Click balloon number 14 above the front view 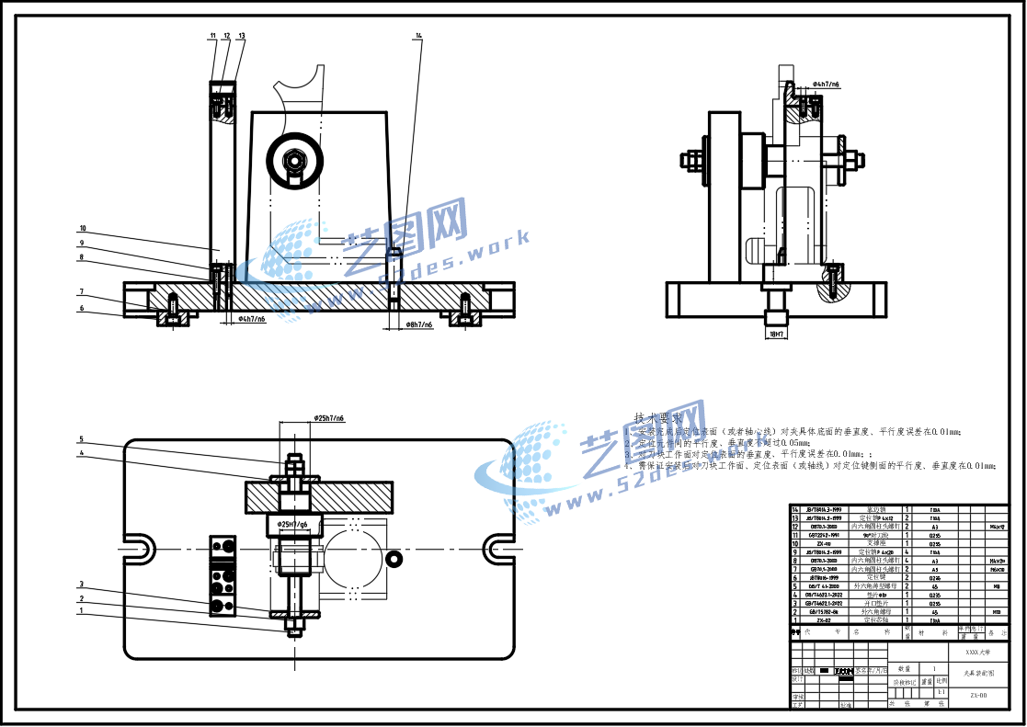[418, 36]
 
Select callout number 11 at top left [212, 36]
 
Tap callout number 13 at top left [241, 36]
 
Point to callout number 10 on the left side [82, 228]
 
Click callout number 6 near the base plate [81, 308]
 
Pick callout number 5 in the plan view [81, 439]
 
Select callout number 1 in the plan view [81, 610]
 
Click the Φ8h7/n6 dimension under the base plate [422, 324]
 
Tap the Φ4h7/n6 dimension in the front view [252, 319]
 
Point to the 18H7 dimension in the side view [776, 335]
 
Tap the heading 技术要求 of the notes [658, 417]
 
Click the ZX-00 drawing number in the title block [978, 696]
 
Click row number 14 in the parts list [795, 509]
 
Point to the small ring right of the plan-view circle [394, 559]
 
